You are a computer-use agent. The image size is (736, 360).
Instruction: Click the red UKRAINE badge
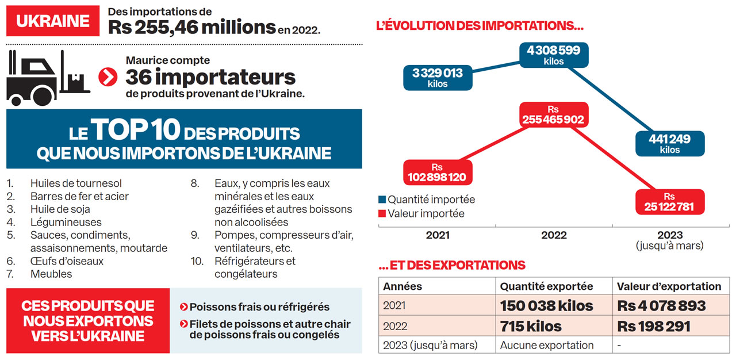pyautogui.click(x=53, y=21)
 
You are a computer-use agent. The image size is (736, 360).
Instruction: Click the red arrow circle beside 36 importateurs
pyautogui.click(x=108, y=77)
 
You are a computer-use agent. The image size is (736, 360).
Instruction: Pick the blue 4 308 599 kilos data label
pyautogui.click(x=553, y=55)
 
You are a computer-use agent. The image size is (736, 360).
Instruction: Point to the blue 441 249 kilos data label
pyautogui.click(x=670, y=143)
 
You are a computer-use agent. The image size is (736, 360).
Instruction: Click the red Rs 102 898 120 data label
pyautogui.click(x=438, y=173)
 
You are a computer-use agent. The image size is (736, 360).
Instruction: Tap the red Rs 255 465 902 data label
pyautogui.click(x=553, y=115)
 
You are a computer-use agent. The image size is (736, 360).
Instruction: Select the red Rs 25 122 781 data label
pyautogui.click(x=669, y=201)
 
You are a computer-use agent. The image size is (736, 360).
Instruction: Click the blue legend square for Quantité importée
pyautogui.click(x=382, y=200)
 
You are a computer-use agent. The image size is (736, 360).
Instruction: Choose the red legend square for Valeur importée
pyautogui.click(x=382, y=214)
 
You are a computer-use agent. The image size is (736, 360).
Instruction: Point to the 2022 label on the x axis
pyautogui.click(x=554, y=235)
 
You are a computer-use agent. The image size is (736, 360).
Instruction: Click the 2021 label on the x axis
pyautogui.click(x=438, y=235)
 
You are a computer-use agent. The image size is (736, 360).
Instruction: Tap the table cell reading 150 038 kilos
pyautogui.click(x=546, y=306)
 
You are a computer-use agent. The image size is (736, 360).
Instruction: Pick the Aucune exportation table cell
pyautogui.click(x=546, y=345)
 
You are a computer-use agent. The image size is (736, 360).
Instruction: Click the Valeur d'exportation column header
pyautogui.click(x=669, y=286)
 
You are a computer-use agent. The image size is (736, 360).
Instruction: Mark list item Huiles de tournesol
pyautogui.click(x=76, y=183)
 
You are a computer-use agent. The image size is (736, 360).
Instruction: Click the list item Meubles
pyautogui.click(x=51, y=274)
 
